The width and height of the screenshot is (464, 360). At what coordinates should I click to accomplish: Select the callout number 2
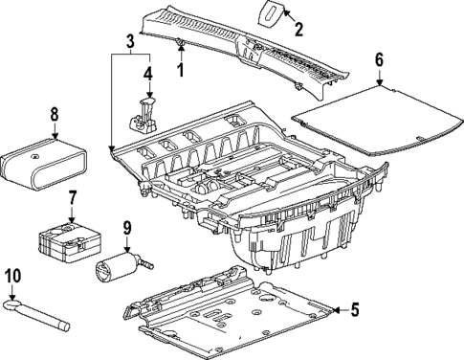299,30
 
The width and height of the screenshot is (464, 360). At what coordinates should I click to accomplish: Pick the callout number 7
71,198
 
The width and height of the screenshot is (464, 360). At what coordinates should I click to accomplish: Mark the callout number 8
54,114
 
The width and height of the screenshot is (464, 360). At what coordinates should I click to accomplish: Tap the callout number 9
125,229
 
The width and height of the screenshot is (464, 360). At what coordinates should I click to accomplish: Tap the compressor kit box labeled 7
65,240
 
